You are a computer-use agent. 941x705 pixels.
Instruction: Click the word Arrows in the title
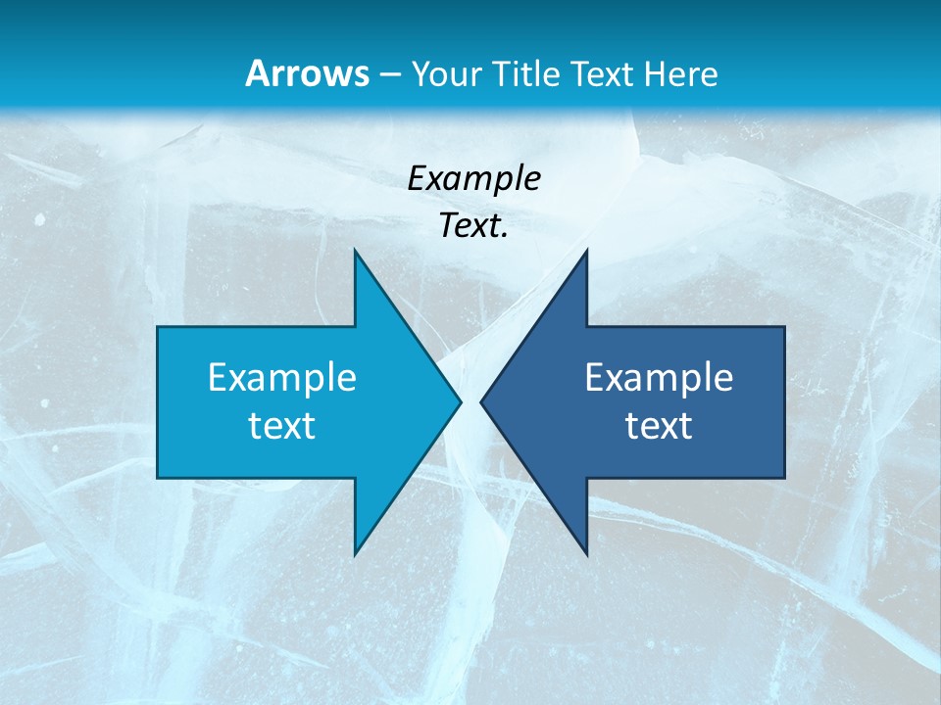(306, 73)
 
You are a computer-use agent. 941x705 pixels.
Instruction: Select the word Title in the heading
(529, 73)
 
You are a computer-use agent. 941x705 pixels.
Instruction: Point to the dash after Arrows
(388, 74)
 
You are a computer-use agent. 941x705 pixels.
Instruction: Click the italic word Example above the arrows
(473, 178)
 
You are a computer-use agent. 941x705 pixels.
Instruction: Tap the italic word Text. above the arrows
(473, 225)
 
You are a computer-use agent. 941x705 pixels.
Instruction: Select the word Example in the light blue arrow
(282, 377)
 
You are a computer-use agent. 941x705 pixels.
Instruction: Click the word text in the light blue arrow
(282, 425)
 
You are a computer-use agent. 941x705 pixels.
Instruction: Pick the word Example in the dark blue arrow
(659, 377)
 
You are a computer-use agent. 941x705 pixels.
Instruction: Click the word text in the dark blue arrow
(659, 425)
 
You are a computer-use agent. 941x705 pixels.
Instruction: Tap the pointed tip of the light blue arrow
(460, 401)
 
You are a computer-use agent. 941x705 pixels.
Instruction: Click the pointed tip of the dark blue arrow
(481, 401)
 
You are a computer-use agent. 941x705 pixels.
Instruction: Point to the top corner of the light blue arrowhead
(355, 251)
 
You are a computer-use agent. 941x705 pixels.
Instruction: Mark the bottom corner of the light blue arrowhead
(355, 553)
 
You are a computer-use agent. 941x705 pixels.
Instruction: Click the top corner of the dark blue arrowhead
(586, 251)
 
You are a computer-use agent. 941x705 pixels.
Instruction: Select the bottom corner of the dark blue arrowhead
(586, 553)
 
